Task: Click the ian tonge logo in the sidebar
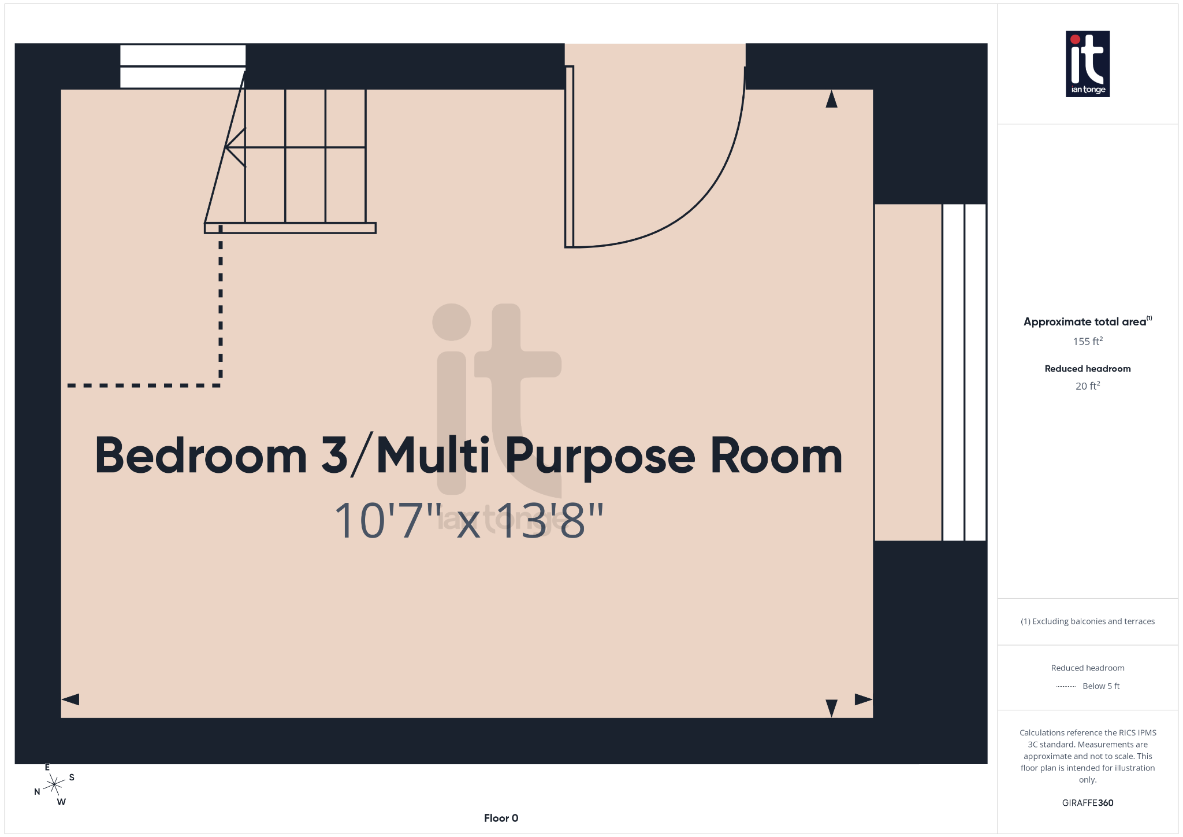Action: point(1087,64)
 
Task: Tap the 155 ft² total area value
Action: point(1088,342)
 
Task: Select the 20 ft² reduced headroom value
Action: point(1088,386)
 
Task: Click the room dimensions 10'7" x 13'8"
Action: point(468,521)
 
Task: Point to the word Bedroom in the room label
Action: point(200,456)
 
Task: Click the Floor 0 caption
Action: point(501,818)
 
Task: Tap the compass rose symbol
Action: point(54,784)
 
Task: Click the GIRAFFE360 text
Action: point(1088,803)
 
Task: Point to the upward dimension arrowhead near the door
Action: point(831,99)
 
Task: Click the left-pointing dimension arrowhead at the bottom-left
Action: point(70,699)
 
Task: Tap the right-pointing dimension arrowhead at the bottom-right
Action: point(863,699)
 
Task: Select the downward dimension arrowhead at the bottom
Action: point(831,708)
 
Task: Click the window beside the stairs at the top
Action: point(183,66)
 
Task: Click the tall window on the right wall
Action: point(964,372)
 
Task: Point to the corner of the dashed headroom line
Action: point(221,385)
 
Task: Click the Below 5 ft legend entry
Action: point(1100,686)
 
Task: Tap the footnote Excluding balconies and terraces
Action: point(1088,621)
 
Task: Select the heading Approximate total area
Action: point(1085,322)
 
